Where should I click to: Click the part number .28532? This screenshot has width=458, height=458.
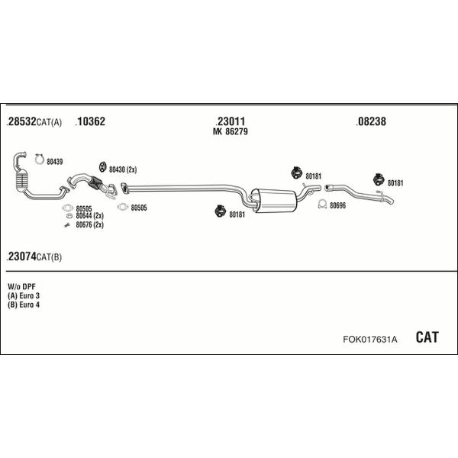click(x=21, y=121)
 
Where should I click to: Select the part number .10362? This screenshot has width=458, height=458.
click(x=90, y=121)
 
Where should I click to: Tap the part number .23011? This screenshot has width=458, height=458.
click(x=231, y=121)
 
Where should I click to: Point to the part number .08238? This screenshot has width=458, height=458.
click(x=371, y=121)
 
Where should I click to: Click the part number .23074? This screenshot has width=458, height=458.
click(x=21, y=256)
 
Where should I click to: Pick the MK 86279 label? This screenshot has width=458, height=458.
click(x=231, y=131)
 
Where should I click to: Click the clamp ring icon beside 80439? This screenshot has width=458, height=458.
click(x=39, y=160)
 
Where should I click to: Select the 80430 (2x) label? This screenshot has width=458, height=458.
click(x=123, y=169)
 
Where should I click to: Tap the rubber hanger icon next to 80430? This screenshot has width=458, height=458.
click(x=102, y=166)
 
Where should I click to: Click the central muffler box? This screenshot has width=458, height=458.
click(x=274, y=200)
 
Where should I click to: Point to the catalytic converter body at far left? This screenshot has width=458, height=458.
click(x=21, y=182)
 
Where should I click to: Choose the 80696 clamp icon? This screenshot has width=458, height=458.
click(x=322, y=204)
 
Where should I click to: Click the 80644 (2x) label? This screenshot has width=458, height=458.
click(x=89, y=215)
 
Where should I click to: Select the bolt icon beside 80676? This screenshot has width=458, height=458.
click(x=67, y=225)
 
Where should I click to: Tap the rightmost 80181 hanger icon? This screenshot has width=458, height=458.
click(x=379, y=179)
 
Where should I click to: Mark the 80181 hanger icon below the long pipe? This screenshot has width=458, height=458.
click(x=220, y=211)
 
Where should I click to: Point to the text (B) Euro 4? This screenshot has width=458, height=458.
click(x=24, y=305)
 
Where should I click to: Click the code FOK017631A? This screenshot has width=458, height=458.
click(x=370, y=340)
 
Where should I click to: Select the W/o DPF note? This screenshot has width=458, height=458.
click(x=21, y=286)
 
